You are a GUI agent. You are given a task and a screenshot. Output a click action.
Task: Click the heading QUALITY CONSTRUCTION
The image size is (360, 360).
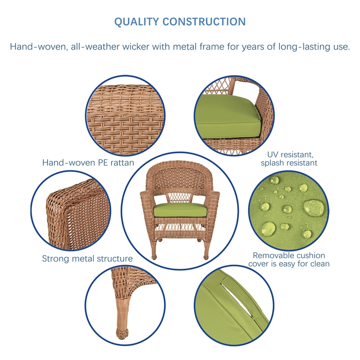(180, 22)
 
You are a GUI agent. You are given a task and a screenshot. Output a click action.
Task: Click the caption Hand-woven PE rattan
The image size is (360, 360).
(88, 162)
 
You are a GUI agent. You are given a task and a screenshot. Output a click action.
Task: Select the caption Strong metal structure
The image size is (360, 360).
(87, 259)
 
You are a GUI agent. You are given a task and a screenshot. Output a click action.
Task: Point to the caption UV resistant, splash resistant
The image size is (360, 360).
(289, 158)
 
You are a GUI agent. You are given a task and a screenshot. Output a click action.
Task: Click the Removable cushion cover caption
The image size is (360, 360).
(288, 259)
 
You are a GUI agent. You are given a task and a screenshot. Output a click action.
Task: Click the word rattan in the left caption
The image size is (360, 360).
(121, 162)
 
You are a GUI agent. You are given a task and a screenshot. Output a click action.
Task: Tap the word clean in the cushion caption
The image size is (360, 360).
(319, 264)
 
